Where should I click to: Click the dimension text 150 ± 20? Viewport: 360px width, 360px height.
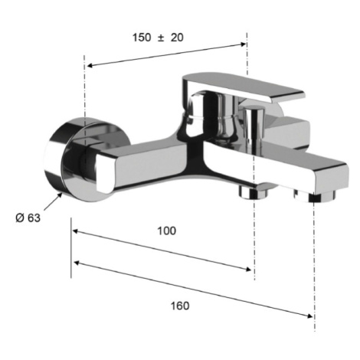click(158, 38)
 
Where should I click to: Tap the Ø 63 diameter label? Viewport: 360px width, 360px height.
click(28, 218)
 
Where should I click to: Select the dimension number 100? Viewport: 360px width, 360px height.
click(167, 231)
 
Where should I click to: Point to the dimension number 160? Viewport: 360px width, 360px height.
click(180, 306)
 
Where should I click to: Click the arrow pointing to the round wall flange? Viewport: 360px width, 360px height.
click(53, 201)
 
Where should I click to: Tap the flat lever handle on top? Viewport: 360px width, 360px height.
click(243, 87)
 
